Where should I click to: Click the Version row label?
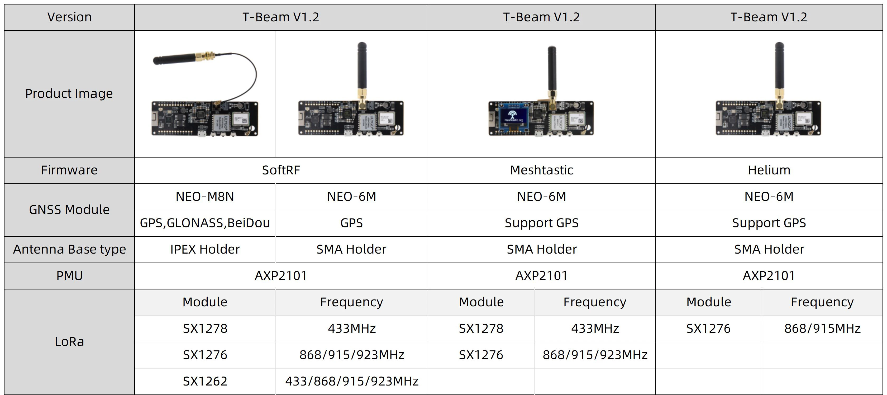pos(69,17)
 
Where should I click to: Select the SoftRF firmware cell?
pos(281,170)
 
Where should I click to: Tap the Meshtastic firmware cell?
pos(541,170)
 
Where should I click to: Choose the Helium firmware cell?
pos(769,170)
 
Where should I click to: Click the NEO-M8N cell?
pos(205,197)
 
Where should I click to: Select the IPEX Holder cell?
pos(205,249)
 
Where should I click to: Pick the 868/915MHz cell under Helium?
pos(822,329)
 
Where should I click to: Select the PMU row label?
pos(69,276)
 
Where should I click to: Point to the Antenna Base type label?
pos(69,249)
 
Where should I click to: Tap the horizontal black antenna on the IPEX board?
pos(174,59)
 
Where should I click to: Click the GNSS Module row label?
pos(69,210)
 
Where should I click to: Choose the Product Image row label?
pos(69,94)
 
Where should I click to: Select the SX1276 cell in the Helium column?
pos(708,329)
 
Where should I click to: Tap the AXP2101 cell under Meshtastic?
pos(541,276)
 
